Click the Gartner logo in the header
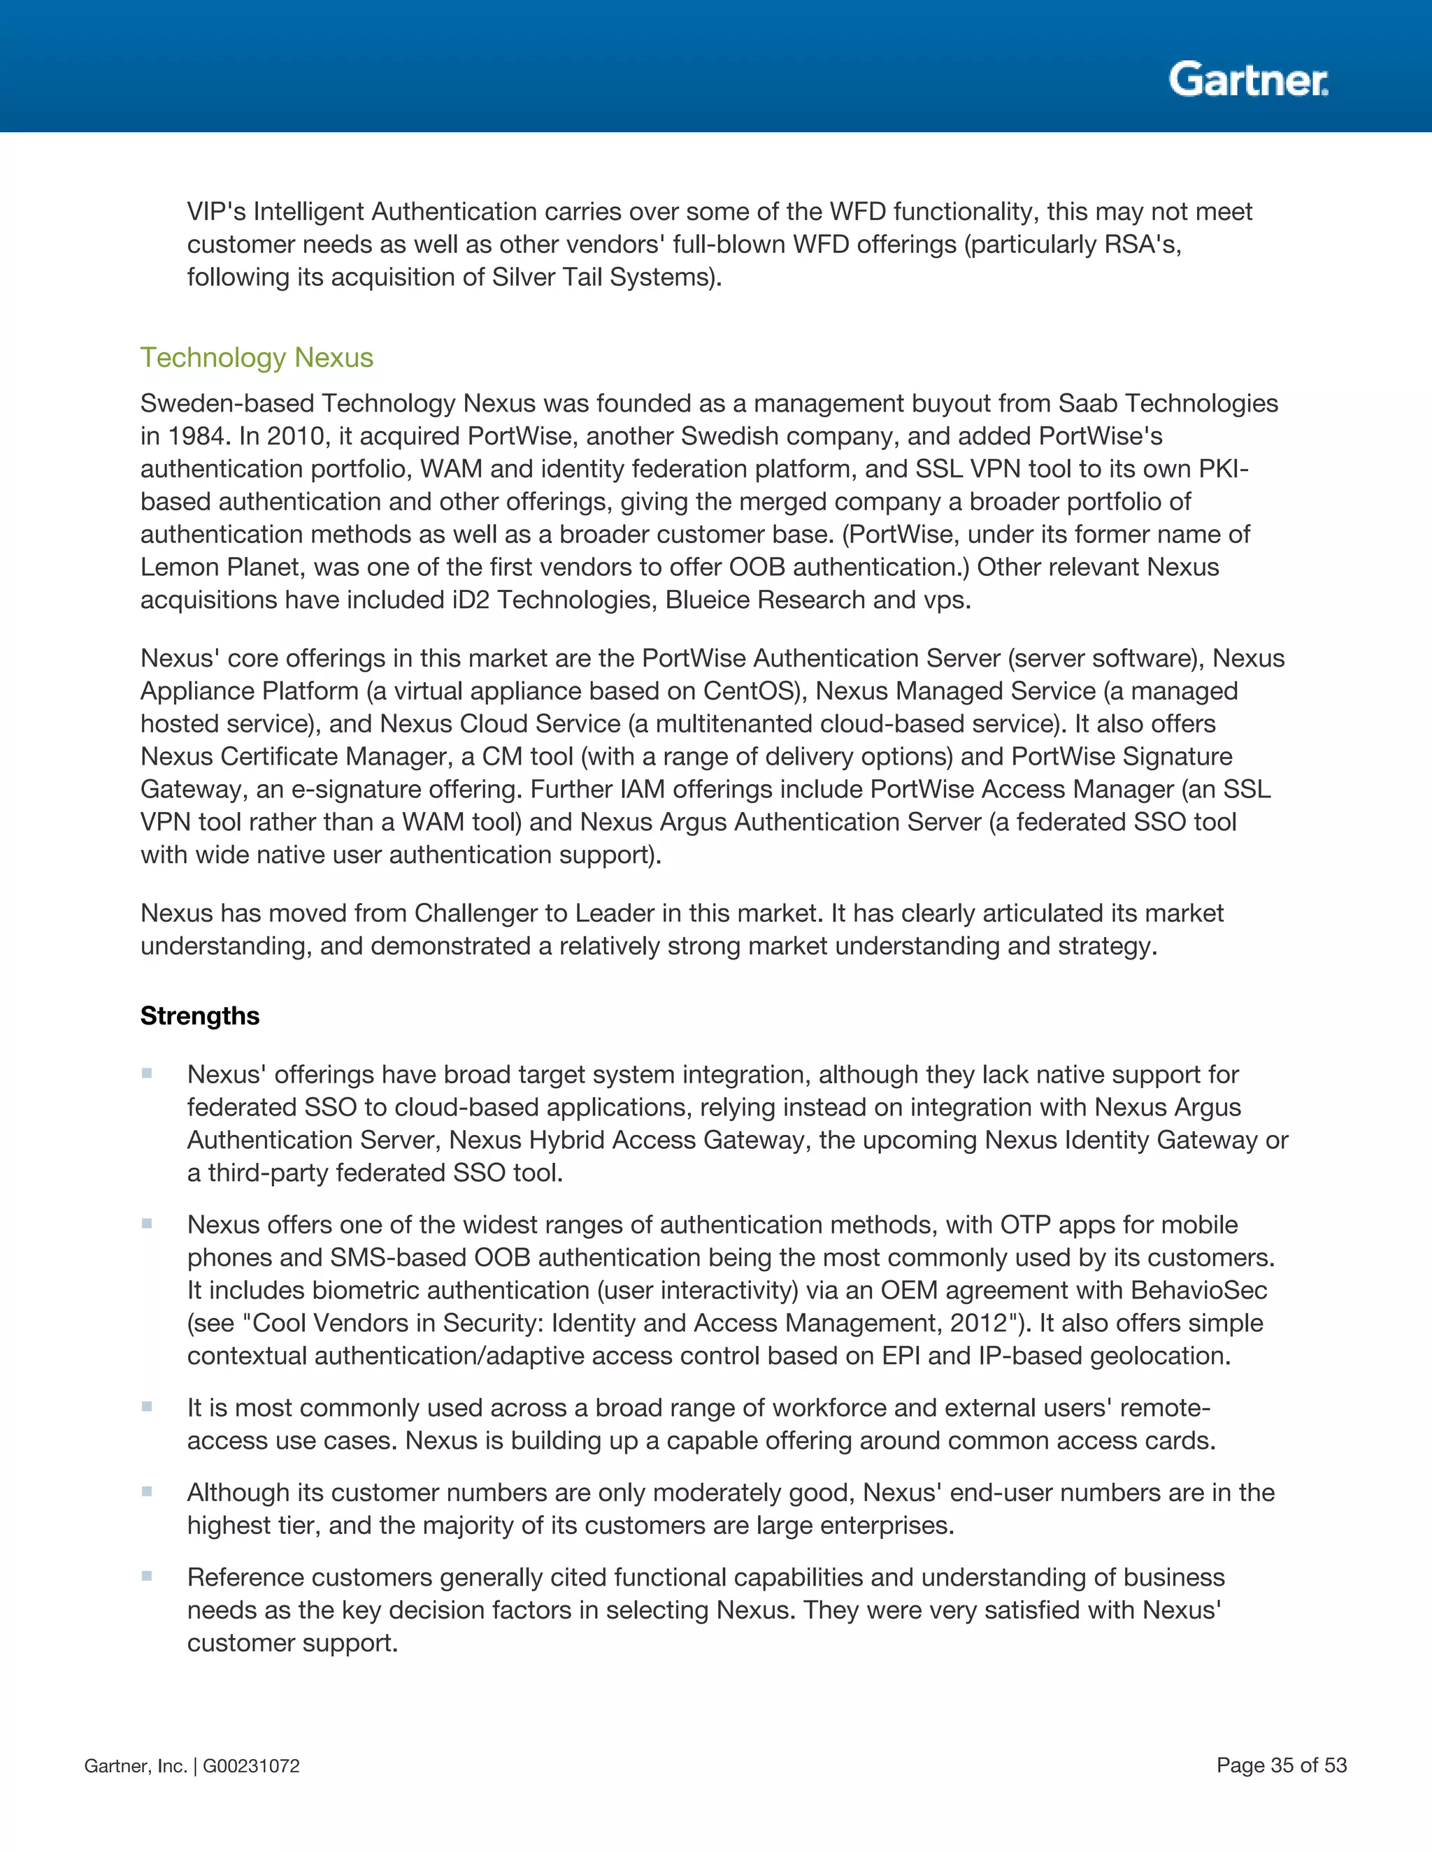click(1248, 80)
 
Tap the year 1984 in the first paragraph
click(195, 436)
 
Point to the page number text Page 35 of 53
click(1281, 1765)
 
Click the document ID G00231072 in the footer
click(251, 1766)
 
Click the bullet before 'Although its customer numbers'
click(147, 1491)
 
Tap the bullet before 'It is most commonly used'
click(147, 1407)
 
